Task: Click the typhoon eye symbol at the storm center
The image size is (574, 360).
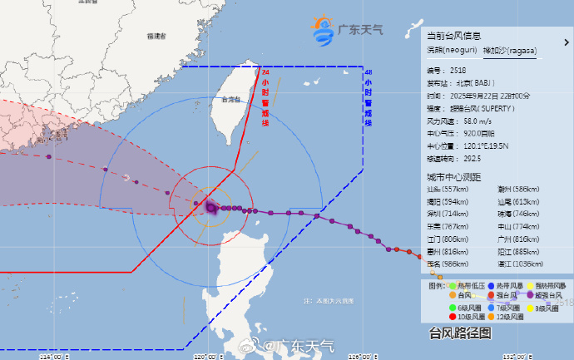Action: tap(210, 207)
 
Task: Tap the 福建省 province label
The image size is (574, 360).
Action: tap(156, 37)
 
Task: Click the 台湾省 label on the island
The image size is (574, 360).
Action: tap(231, 100)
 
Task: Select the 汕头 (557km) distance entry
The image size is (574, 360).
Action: tap(447, 189)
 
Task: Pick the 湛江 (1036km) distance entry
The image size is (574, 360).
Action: tap(518, 264)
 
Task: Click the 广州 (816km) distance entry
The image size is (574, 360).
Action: tap(517, 239)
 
